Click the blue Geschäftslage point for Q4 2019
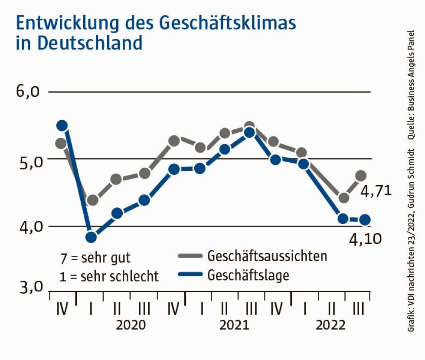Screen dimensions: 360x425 coord(62,126)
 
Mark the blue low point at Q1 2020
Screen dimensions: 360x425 coord(91,237)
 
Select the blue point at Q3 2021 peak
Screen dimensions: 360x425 coord(249,133)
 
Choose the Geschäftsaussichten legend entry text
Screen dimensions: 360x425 coord(267,256)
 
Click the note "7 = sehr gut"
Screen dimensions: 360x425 coord(95,258)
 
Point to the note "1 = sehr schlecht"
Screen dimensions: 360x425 coord(109,276)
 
